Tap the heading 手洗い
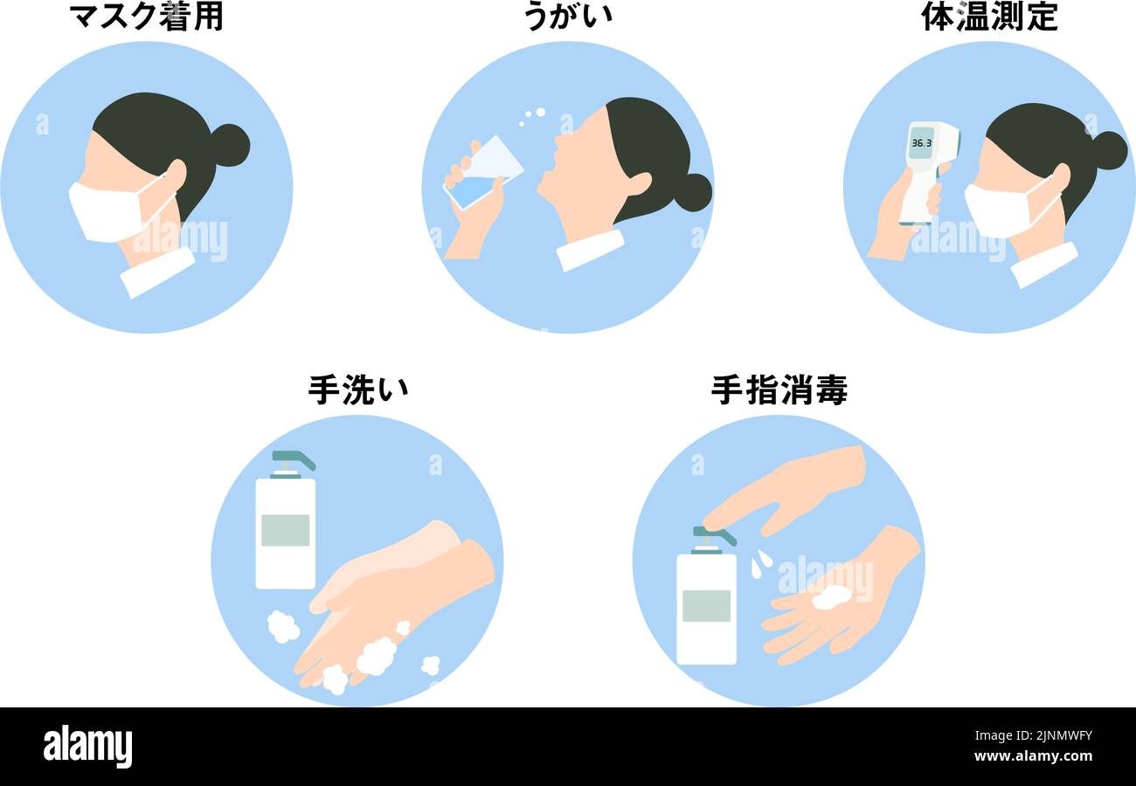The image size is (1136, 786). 357,390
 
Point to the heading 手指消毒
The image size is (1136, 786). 779,390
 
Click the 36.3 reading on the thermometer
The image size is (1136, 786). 921,142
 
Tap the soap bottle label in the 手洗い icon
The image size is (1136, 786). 285,530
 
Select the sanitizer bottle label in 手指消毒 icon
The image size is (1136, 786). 706,605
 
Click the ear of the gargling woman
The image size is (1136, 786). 638,184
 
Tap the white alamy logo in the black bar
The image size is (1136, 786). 87,747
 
